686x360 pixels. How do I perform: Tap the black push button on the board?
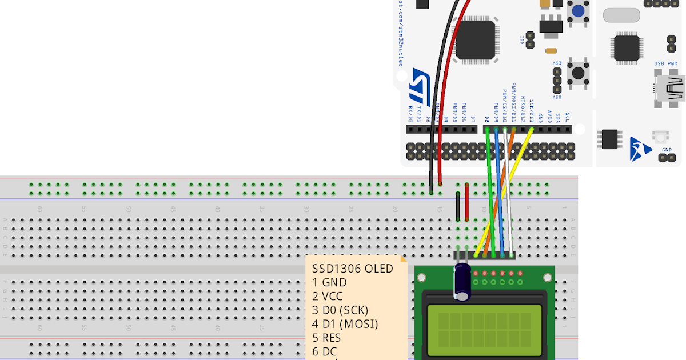[x=578, y=73]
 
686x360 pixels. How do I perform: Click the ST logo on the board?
[x=421, y=82]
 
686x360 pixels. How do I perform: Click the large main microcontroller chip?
[x=475, y=39]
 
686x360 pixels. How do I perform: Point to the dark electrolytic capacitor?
[x=462, y=282]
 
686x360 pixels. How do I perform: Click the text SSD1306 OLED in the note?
[x=352, y=269]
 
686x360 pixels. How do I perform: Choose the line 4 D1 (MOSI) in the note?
[x=345, y=324]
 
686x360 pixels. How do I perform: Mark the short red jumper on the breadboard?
[x=467, y=202]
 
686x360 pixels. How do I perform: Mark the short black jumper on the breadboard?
[x=458, y=206]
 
